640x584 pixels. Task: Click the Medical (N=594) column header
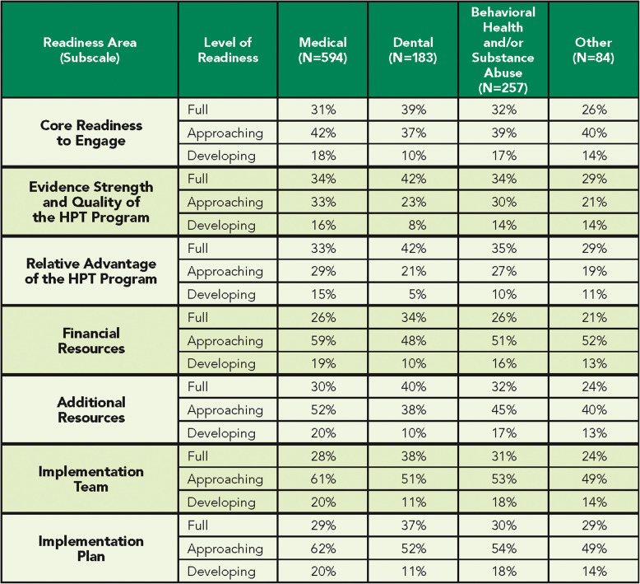322,49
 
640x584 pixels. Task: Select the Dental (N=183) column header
412,49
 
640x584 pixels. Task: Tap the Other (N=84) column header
593,49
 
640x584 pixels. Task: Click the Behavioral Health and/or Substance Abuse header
503,49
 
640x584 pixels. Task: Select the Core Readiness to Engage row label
90,133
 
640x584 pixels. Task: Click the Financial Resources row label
90,340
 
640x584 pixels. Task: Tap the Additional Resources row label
90,409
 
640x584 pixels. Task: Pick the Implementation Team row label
90,479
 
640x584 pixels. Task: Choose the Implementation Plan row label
90,548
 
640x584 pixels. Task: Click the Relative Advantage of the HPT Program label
90,271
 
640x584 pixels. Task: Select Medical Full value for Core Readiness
322,110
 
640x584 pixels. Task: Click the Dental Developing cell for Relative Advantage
412,294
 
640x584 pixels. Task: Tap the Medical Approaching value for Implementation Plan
322,548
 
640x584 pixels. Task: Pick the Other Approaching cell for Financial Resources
593,340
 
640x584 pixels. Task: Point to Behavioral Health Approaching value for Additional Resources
503,409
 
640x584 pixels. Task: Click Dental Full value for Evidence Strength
412,179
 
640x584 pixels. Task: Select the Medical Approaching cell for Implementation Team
322,479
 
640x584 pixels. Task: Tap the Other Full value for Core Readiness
593,110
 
